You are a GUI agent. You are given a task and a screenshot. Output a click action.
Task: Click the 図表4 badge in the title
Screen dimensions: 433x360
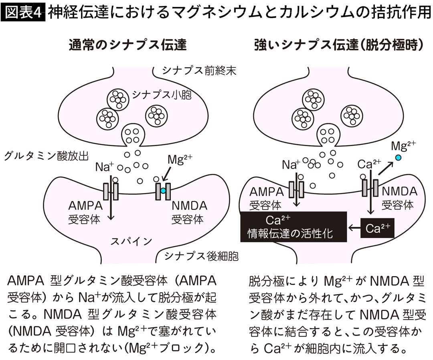click(x=23, y=12)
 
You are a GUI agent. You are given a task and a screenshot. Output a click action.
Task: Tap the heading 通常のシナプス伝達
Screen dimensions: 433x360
click(x=127, y=45)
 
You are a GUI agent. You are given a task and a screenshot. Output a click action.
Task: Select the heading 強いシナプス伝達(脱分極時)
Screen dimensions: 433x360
click(x=339, y=45)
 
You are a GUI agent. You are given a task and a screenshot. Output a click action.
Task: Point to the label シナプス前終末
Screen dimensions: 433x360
click(x=199, y=71)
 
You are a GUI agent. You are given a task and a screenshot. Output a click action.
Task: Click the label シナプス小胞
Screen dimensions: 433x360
click(x=162, y=95)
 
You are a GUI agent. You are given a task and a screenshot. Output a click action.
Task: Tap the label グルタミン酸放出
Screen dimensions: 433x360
click(x=46, y=156)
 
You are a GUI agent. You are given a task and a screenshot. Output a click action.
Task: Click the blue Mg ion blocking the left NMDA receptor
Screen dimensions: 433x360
click(x=163, y=191)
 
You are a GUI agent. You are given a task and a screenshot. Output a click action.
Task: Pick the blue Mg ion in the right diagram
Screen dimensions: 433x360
click(x=398, y=158)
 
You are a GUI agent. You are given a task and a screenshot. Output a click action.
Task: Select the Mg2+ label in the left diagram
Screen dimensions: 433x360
click(x=180, y=160)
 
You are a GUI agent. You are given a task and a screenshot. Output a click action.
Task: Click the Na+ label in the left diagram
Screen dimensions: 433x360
click(x=104, y=167)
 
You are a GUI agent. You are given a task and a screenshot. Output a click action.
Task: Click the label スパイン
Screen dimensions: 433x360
click(x=131, y=241)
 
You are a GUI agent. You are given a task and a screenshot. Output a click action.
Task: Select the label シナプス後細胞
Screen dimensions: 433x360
click(x=201, y=256)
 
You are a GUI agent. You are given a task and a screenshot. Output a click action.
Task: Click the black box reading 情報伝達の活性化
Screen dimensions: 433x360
click(x=293, y=227)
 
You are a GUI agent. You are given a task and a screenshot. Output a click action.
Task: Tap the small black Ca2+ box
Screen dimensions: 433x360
click(x=377, y=228)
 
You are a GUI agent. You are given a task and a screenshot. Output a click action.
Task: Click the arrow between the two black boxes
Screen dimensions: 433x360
click(x=354, y=228)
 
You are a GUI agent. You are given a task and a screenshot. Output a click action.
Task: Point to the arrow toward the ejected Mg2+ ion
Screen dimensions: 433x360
click(x=385, y=169)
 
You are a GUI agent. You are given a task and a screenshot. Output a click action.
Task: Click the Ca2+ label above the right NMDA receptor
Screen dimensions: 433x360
click(x=369, y=164)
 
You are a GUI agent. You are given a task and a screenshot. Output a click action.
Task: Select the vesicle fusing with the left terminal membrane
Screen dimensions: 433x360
click(x=133, y=136)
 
